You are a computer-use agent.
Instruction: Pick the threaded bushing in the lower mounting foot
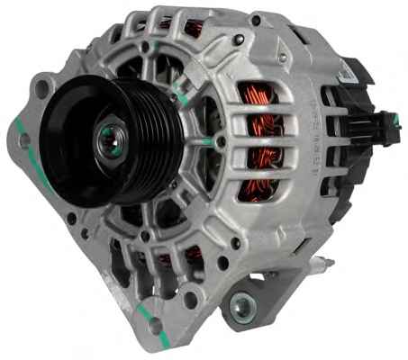click(x=240, y=306)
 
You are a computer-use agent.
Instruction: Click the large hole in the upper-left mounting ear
click(x=40, y=89)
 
